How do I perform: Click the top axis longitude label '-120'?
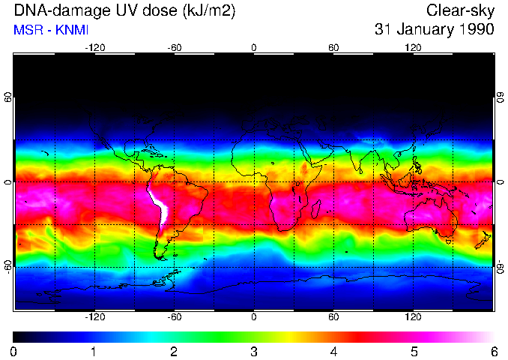pos(94,47)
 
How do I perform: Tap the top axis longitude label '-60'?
pos(174,47)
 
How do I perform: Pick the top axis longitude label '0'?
pos(254,47)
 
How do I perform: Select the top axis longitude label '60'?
pos(333,47)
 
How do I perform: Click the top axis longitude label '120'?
pos(413,47)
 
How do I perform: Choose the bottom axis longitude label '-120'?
pos(94,317)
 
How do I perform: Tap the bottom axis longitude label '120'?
pos(413,317)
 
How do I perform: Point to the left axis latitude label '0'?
pos(7,182)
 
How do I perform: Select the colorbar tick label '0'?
pos(14,351)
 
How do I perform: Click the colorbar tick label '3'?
pos(253,351)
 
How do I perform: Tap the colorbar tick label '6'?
pos(493,351)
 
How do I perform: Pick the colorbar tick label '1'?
pos(94,351)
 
